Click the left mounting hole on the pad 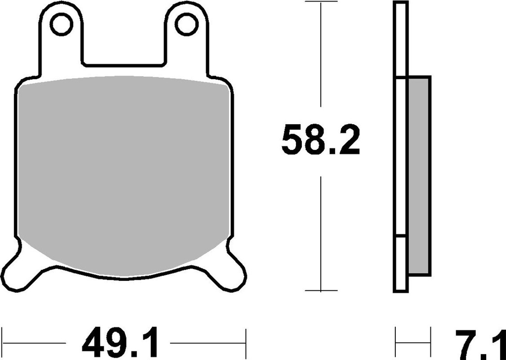coord(61,25)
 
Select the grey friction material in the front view coord(124,168)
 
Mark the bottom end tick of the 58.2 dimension coord(322,291)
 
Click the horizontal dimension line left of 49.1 coord(35,342)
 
